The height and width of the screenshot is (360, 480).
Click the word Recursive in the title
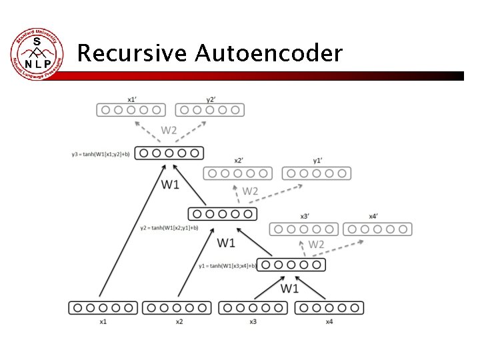point(133,53)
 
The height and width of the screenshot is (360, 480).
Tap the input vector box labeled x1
point(103,308)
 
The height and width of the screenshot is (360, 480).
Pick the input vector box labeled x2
point(177,308)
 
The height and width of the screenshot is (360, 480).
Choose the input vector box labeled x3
point(253,308)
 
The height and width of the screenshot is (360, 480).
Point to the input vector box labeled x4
point(329,308)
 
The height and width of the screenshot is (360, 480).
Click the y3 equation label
point(103,154)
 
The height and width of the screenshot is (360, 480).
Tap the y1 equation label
point(227,265)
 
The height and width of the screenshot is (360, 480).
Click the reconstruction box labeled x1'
point(131,109)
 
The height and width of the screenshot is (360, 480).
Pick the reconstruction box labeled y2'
point(210,109)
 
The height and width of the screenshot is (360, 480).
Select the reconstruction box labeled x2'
point(238,173)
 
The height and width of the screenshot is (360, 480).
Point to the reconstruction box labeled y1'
point(317,173)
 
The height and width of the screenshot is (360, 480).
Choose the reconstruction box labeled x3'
point(304,229)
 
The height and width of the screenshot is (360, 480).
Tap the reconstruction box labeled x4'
point(377,229)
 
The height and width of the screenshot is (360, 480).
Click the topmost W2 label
point(169,130)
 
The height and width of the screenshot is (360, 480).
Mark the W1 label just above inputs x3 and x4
point(289,288)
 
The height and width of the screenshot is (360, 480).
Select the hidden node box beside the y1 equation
point(291,265)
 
